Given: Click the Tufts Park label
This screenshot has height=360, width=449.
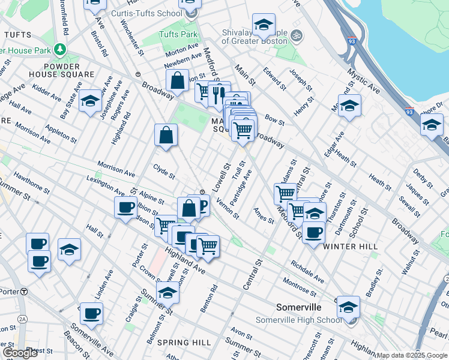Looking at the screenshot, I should coord(178,35).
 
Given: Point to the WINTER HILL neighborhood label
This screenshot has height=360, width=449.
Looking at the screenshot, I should coord(349,247).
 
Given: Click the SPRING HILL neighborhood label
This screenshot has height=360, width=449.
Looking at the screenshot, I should coord(184,342).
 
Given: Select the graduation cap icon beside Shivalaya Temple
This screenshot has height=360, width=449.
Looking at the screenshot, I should coord(263,25).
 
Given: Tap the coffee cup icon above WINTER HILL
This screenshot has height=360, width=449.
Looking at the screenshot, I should coord(313,231).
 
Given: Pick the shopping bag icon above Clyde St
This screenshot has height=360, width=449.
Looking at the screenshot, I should coord(166,135).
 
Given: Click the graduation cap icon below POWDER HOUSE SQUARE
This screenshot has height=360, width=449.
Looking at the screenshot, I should coord(90,101).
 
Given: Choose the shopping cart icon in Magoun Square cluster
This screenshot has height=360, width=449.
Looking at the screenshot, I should coord(243,129).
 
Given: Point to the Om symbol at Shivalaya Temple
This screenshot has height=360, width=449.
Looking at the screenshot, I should coord(294,37).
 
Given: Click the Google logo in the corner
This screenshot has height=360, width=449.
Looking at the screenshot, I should coord(20,353).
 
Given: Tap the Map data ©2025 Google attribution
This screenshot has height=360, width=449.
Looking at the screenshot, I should coord(412,355).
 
